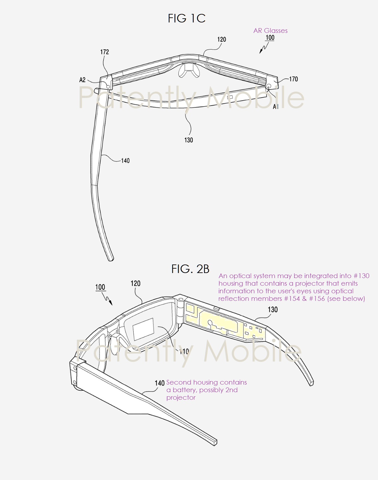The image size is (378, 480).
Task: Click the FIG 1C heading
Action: (x=187, y=19)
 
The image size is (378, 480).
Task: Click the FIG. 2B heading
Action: (x=190, y=269)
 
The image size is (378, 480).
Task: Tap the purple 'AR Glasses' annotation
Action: (x=270, y=31)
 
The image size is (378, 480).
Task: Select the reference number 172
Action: (x=105, y=52)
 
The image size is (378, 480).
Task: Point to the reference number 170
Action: (x=293, y=79)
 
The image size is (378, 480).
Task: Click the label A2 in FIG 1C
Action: (x=82, y=80)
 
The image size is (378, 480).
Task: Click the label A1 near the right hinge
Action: (x=276, y=107)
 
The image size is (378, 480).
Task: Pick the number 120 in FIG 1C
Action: (x=222, y=39)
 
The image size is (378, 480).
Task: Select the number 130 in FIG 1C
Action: (x=189, y=140)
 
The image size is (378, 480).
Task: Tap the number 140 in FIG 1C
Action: (x=125, y=161)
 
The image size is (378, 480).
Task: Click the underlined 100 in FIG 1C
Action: (x=270, y=38)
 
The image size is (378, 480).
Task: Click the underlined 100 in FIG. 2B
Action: (x=100, y=287)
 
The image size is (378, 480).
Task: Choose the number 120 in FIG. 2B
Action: (x=135, y=283)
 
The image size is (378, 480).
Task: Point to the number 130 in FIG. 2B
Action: (x=273, y=310)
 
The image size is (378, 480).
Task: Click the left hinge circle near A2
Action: (x=108, y=86)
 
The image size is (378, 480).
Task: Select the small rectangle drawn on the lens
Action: (x=143, y=329)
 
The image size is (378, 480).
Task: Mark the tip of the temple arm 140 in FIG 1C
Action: (x=111, y=259)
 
